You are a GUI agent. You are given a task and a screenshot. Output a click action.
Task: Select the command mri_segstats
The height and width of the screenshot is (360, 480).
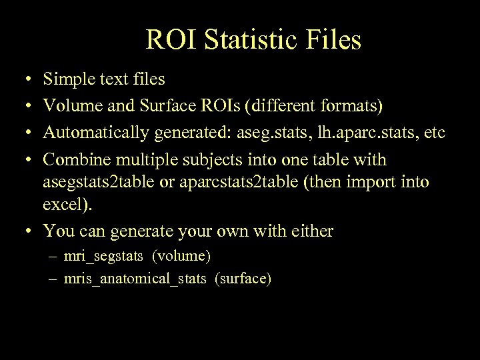pos(101,256)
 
